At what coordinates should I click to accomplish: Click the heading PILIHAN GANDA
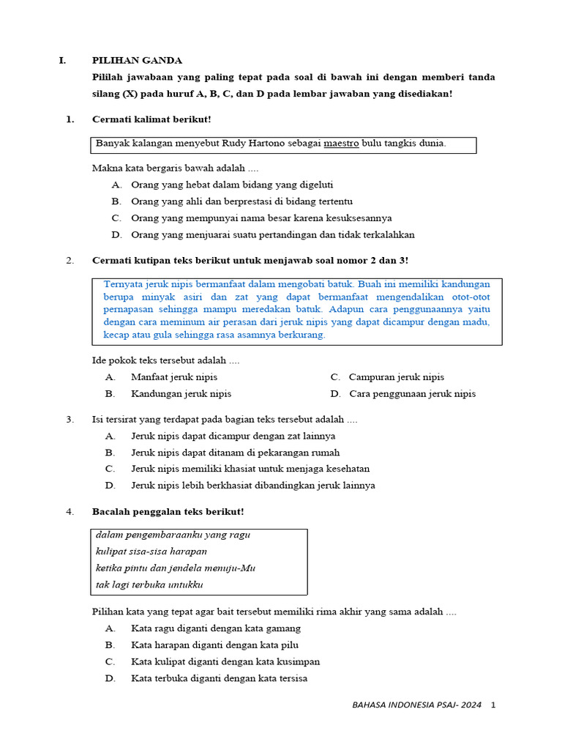[x=137, y=60]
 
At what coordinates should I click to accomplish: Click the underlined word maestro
[x=341, y=144]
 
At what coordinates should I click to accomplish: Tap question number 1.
[x=70, y=119]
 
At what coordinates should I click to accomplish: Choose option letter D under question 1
[x=116, y=235]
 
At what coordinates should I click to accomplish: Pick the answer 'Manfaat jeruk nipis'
[x=174, y=377]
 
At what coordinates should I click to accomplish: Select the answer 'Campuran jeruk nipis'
[x=397, y=377]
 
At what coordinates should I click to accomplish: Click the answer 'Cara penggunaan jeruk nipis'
[x=412, y=393]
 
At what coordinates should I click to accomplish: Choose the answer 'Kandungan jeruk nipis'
[x=181, y=393]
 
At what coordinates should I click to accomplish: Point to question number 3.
[x=70, y=420]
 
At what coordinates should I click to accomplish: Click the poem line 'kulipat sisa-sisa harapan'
[x=151, y=551]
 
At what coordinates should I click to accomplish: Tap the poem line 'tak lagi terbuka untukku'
[x=149, y=584]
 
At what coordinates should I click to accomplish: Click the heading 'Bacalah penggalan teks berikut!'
[x=168, y=510]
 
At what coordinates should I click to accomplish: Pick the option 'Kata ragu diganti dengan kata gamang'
[x=216, y=628]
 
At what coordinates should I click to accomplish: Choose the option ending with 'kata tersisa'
[x=219, y=678]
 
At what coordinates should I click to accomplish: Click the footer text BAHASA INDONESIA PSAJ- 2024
[x=416, y=705]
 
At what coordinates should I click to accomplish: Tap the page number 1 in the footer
[x=493, y=705]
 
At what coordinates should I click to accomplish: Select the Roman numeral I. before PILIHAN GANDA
[x=62, y=60]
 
